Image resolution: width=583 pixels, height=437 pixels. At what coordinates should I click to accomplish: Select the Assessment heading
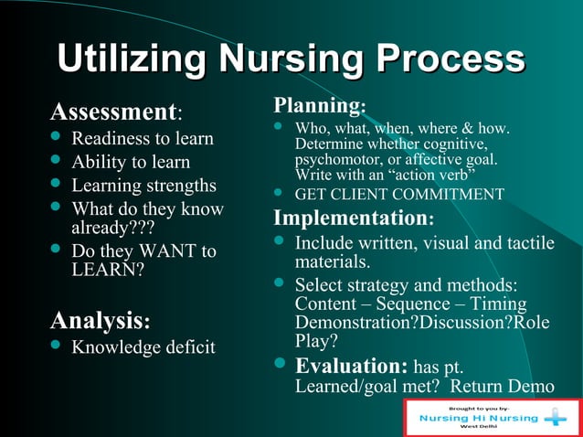pos(112,112)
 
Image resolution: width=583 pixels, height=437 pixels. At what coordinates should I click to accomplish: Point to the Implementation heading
pos(350,218)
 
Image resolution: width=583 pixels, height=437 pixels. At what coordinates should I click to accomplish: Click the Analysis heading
pos(96,321)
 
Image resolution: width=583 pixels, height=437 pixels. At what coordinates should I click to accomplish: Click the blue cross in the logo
pos(555,418)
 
